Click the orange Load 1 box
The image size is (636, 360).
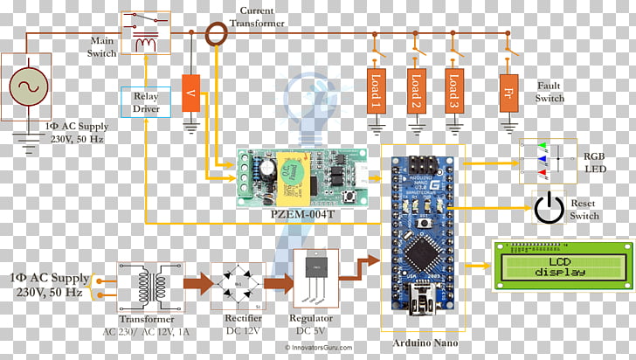click(x=376, y=90)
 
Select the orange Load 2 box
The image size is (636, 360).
click(x=416, y=90)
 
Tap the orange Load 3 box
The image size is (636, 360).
click(x=452, y=90)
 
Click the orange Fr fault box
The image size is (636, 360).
click(x=508, y=90)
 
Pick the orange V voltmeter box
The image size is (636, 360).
click(x=191, y=93)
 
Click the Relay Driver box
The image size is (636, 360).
click(x=145, y=102)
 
